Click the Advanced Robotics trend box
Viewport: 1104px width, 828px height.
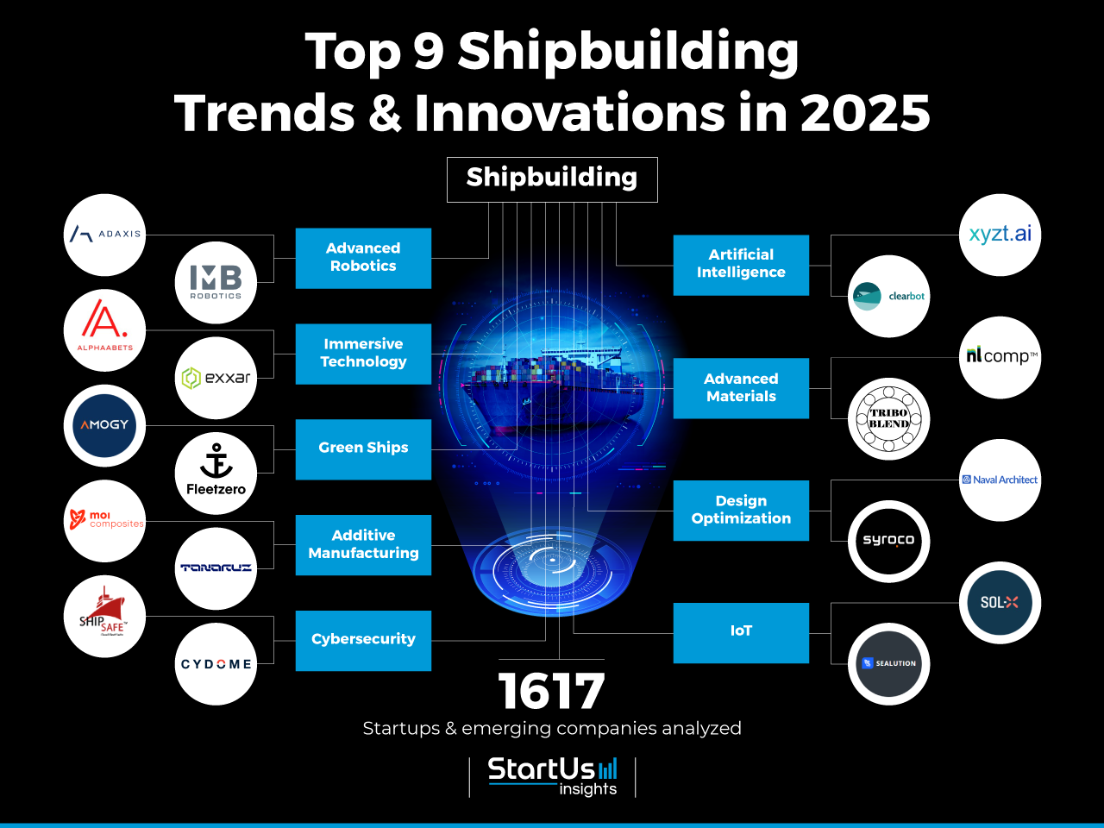[363, 258]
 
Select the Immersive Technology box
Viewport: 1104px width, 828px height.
[363, 354]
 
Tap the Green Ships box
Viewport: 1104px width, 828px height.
[363, 448]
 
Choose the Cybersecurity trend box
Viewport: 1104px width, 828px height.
[363, 640]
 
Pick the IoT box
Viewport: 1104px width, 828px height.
[741, 632]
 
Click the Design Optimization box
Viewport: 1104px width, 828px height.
[741, 510]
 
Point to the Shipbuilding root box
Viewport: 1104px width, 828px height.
[552, 179]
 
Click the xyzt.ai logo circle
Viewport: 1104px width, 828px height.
[1000, 235]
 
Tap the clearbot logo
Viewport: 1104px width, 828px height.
[888, 296]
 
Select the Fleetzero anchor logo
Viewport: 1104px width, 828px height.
[216, 473]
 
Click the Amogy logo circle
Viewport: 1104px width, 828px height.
[104, 425]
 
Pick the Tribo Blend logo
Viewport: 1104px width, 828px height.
[888, 418]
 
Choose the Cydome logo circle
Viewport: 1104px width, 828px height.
[216, 664]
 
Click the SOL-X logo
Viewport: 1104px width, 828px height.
[1000, 603]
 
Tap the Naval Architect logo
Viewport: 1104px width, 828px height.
[1000, 480]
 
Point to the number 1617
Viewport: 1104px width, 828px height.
[552, 692]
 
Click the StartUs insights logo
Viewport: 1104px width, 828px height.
[552, 775]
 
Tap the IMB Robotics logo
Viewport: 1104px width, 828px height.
[216, 282]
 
